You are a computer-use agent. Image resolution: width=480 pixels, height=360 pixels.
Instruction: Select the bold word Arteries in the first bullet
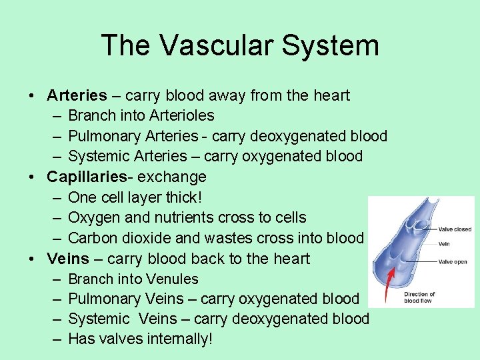click(x=77, y=95)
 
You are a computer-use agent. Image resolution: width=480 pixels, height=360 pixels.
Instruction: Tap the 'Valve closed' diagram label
click(x=454, y=229)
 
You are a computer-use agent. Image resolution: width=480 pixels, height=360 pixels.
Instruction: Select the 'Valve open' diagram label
click(x=453, y=262)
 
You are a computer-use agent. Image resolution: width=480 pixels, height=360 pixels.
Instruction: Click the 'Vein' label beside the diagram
click(x=444, y=244)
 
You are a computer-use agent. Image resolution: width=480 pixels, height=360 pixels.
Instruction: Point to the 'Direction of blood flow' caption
click(x=419, y=297)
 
